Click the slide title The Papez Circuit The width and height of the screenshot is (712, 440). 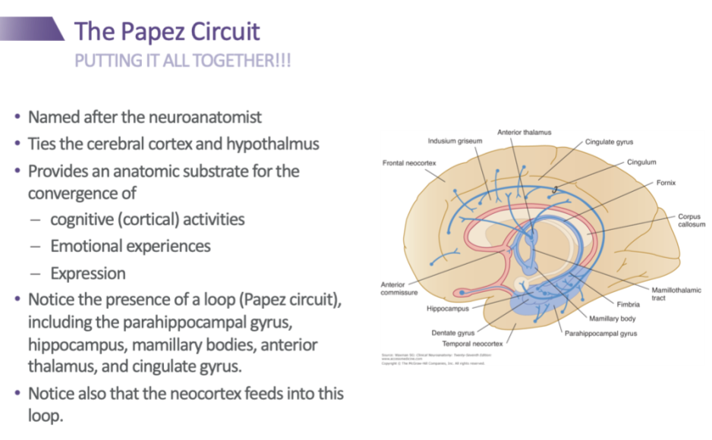pyautogui.click(x=167, y=32)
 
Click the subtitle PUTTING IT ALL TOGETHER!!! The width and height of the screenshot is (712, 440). pyautogui.click(x=183, y=60)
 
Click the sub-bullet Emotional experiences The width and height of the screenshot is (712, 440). pyautogui.click(x=131, y=246)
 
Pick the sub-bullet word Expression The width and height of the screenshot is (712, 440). pyautogui.click(x=88, y=272)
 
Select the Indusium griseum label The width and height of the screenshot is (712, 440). pyautogui.click(x=455, y=141)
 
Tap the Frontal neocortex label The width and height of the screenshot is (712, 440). pyautogui.click(x=408, y=163)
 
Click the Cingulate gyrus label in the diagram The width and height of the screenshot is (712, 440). pyautogui.click(x=609, y=142)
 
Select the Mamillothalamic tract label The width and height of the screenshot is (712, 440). pyautogui.click(x=676, y=294)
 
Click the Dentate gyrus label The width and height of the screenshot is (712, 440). pyautogui.click(x=453, y=332)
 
